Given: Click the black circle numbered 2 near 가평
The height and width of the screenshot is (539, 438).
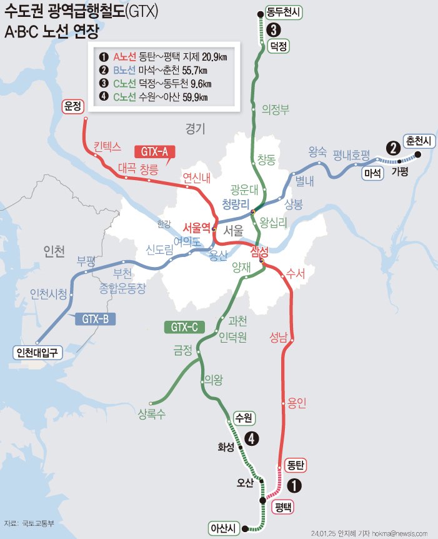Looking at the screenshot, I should tap(393, 148).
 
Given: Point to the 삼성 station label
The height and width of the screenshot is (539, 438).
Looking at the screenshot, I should tap(259, 251).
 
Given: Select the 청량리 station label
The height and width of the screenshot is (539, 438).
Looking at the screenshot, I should tap(236, 204).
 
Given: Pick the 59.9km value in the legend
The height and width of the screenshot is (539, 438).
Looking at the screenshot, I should tap(192, 96).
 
